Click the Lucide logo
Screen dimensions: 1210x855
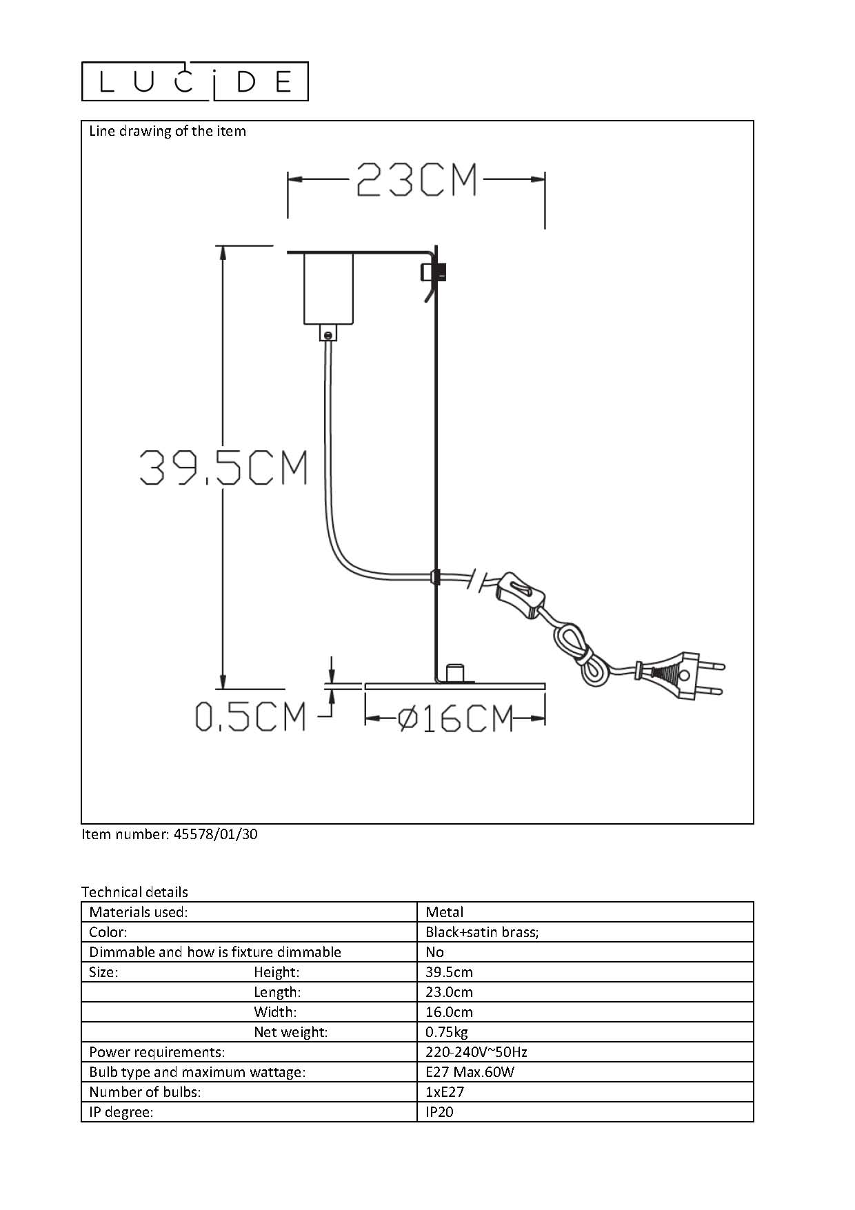[194, 81]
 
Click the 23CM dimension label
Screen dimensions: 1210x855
[416, 180]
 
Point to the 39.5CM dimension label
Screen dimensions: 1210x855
[223, 467]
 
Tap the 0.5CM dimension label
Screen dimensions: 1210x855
[250, 716]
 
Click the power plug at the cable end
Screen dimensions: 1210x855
[683, 674]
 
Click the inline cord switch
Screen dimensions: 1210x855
[523, 592]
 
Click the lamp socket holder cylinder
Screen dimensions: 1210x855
[329, 288]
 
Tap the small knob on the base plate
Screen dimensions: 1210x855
[455, 673]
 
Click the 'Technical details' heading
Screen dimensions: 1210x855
[134, 892]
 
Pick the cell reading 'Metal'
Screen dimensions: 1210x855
[445, 912]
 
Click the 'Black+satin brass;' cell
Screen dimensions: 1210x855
[482, 932]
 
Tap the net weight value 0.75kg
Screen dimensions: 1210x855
[447, 1032]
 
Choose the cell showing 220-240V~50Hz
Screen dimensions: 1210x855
[476, 1052]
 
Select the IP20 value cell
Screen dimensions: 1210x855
[440, 1112]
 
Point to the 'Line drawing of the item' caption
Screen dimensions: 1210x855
[168, 131]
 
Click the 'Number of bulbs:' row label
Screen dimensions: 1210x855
[145, 1092]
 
